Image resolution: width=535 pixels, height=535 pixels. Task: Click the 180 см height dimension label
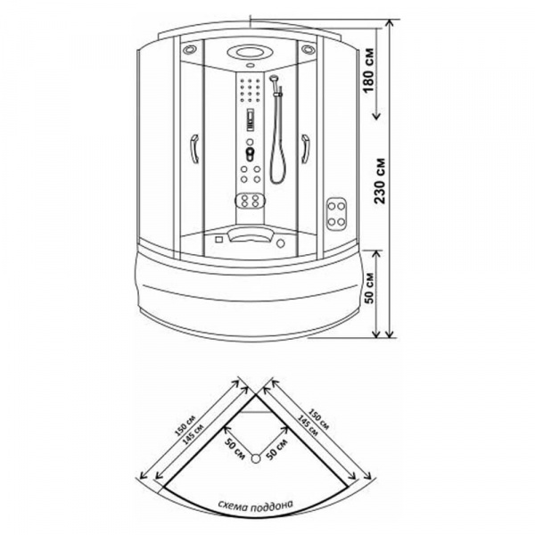(x=368, y=71)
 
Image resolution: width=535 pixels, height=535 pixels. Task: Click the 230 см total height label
(x=380, y=181)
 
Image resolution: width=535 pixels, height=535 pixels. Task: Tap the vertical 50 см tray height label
(x=369, y=288)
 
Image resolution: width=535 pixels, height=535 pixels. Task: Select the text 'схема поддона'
(x=255, y=506)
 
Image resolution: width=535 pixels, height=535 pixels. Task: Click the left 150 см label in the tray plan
(x=185, y=425)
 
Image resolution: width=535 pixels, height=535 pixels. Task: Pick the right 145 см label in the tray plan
(x=309, y=425)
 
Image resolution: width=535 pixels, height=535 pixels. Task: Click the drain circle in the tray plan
(x=256, y=459)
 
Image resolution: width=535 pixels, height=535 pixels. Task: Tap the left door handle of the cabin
(x=194, y=149)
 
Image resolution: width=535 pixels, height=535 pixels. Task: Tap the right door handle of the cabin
(x=305, y=149)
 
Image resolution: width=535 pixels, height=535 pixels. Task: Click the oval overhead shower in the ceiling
(x=250, y=53)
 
